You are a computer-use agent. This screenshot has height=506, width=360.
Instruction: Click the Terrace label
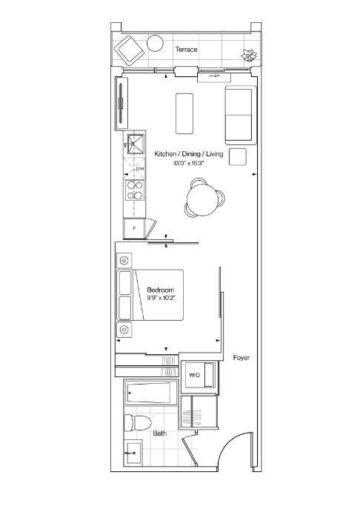pyautogui.click(x=186, y=50)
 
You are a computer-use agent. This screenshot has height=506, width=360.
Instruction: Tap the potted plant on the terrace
pyautogui.click(x=249, y=55)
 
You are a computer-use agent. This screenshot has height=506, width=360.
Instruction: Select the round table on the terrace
pyautogui.click(x=155, y=43)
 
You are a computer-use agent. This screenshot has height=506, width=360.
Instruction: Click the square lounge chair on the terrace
pyautogui.click(x=129, y=50)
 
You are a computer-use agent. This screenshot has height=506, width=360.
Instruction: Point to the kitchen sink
pyautogui.click(x=135, y=142)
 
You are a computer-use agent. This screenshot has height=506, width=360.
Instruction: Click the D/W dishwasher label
pyautogui.click(x=140, y=169)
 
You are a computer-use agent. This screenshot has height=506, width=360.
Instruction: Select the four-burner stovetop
pyautogui.click(x=135, y=190)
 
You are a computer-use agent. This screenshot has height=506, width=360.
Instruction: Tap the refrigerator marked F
pyautogui.click(x=135, y=228)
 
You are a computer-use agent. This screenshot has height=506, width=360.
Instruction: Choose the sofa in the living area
pyautogui.click(x=241, y=115)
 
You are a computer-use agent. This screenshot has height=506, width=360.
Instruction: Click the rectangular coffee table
pyautogui.click(x=184, y=113)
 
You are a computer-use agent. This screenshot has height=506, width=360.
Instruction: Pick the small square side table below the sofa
pyautogui.click(x=238, y=157)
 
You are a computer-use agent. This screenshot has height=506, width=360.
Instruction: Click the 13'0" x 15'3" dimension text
pyautogui.click(x=189, y=163)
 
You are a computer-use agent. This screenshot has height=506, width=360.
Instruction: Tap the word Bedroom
pyautogui.click(x=161, y=290)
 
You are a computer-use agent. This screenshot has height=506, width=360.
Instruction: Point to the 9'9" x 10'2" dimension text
pyautogui.click(x=161, y=298)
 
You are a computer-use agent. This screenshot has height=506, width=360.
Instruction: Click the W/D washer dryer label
pyautogui.click(x=195, y=375)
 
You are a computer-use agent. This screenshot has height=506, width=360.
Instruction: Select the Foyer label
pyautogui.click(x=241, y=358)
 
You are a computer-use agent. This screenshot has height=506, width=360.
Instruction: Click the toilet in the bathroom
pyautogui.click(x=138, y=422)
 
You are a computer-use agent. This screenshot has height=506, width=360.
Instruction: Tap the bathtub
pyautogui.click(x=151, y=393)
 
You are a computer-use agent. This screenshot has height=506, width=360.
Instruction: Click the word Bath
pyautogui.click(x=160, y=433)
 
